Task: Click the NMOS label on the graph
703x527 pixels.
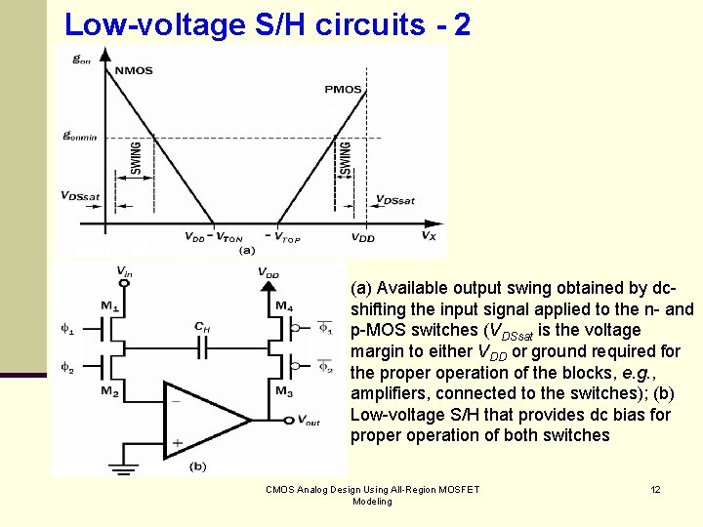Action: tap(133, 70)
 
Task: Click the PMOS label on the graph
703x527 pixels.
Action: tap(344, 89)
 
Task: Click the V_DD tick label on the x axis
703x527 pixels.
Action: tap(363, 237)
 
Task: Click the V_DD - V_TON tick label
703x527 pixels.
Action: tap(214, 237)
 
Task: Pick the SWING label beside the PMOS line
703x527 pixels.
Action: tap(345, 159)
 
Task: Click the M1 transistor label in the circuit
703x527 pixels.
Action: tap(108, 306)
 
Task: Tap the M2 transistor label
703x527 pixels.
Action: tap(108, 392)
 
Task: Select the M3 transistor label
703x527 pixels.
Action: tap(283, 392)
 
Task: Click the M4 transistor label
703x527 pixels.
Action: tap(283, 306)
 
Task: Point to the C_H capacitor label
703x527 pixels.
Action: tap(201, 327)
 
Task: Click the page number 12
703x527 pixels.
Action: tap(655, 489)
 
